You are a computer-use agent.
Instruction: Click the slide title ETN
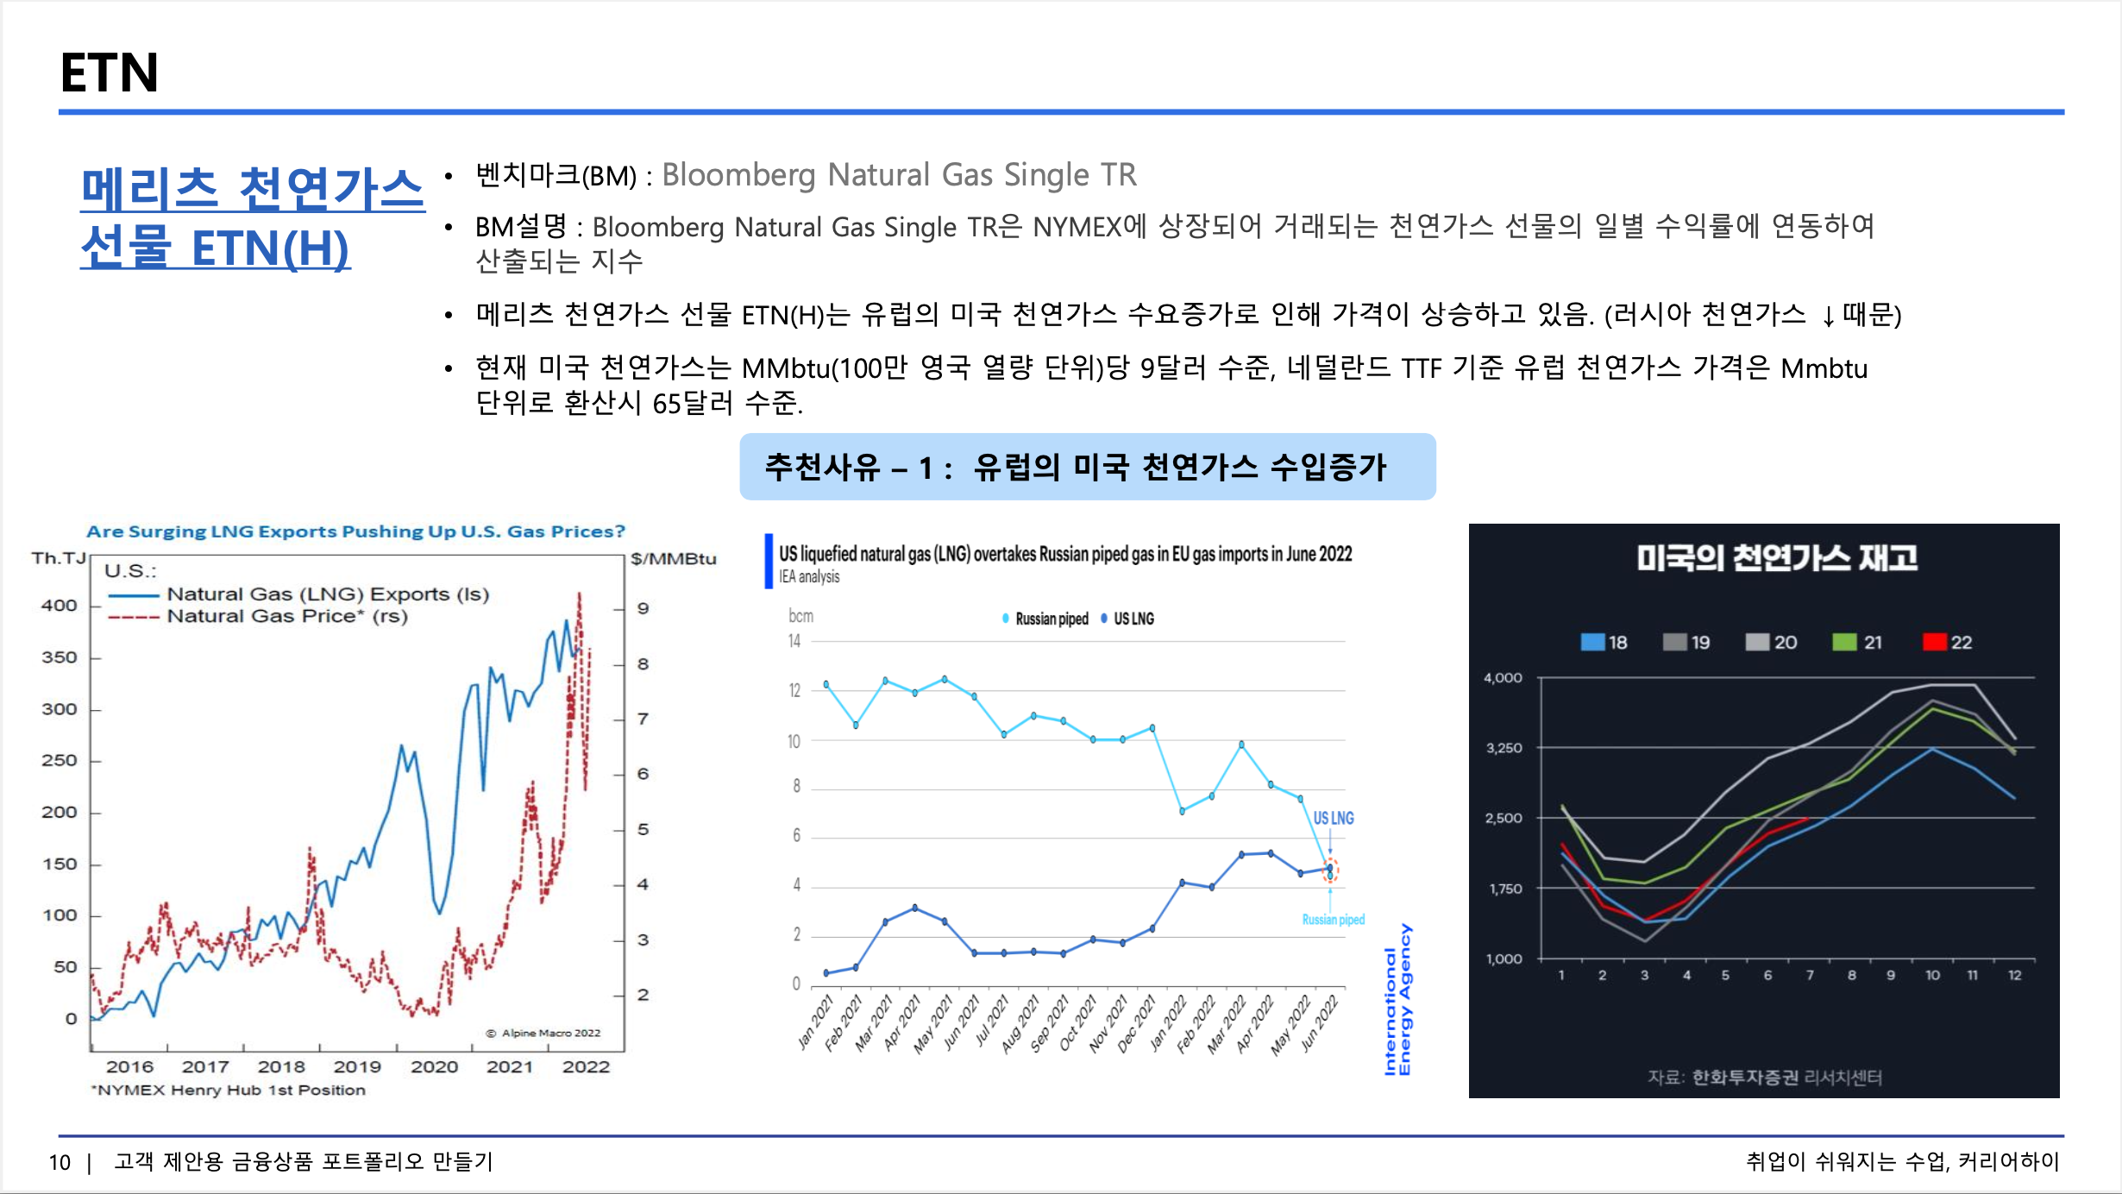[x=110, y=72]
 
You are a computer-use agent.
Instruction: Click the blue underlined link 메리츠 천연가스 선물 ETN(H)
[x=252, y=217]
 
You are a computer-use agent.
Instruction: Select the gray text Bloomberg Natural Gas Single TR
[x=899, y=175]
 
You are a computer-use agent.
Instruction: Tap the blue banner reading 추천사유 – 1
[x=1088, y=467]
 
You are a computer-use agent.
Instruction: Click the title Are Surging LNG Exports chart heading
[x=355, y=531]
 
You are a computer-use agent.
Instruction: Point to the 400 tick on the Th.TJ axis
[x=60, y=606]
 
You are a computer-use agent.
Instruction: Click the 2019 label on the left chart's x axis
[x=357, y=1066]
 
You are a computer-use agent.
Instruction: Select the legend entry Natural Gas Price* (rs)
[x=287, y=616]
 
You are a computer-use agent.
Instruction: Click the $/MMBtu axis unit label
[x=674, y=559]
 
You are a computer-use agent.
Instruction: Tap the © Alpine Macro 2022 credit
[x=543, y=1033]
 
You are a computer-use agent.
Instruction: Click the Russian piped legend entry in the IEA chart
[x=1045, y=619]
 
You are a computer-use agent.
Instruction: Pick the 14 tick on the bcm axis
[x=794, y=641]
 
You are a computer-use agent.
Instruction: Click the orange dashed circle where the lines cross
[x=1330, y=870]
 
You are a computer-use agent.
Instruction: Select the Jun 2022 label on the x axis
[x=1320, y=1023]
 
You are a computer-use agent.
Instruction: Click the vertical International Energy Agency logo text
[x=1397, y=1000]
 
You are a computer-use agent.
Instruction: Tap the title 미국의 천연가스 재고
[x=1777, y=558]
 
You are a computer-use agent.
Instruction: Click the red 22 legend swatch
[x=1935, y=642]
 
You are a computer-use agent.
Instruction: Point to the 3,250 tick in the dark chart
[x=1504, y=748]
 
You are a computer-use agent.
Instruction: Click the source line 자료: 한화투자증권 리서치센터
[x=1765, y=1077]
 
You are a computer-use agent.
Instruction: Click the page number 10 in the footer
[x=60, y=1162]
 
